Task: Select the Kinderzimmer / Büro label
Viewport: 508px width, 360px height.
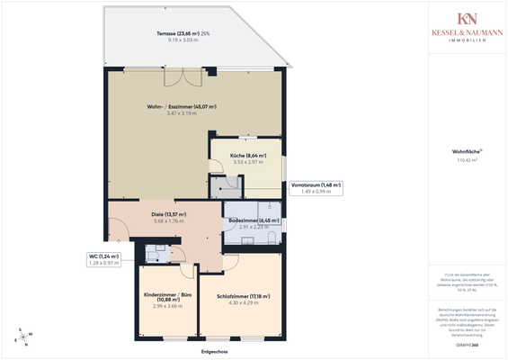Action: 168,299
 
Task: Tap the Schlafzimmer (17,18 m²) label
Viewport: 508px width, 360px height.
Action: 243,296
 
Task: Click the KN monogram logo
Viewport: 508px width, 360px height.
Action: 467,19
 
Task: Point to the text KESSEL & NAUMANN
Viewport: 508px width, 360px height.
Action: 467,32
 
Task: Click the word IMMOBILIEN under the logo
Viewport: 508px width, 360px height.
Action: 467,40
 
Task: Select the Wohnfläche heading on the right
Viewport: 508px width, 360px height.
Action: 467,151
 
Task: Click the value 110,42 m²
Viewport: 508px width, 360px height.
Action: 467,161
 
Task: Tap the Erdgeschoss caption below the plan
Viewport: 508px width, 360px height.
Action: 215,351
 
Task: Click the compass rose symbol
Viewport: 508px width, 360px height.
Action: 22,337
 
